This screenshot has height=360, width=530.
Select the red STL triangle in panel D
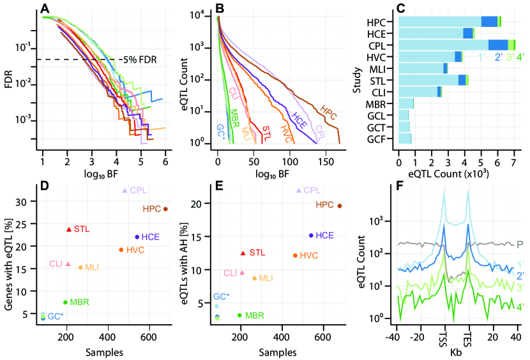click(x=69, y=229)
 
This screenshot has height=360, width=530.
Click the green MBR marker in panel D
click(x=65, y=302)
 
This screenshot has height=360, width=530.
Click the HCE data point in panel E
click(x=311, y=236)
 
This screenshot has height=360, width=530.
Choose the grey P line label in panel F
click(x=520, y=244)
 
